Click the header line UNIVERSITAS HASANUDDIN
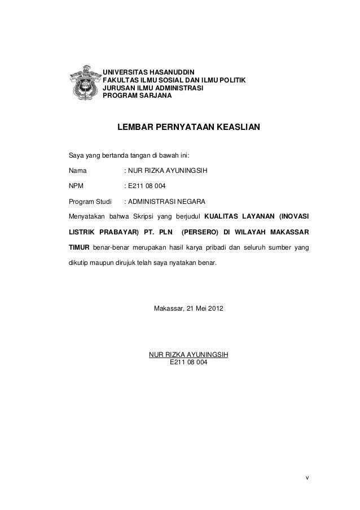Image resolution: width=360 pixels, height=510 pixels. click(148, 73)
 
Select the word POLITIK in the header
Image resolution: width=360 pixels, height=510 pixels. click(232, 81)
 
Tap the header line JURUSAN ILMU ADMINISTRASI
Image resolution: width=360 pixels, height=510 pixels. click(152, 89)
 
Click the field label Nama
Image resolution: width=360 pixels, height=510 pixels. click(76, 169)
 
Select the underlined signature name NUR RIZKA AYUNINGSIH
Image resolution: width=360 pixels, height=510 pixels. click(188, 355)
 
